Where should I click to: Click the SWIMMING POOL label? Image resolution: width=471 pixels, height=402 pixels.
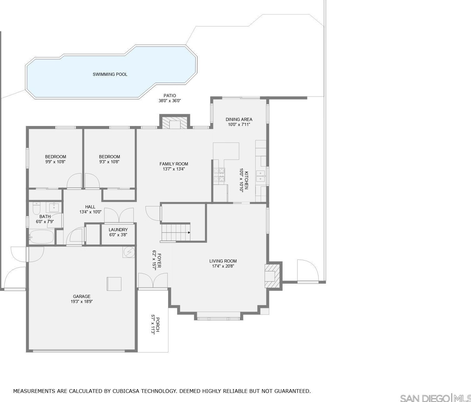(110, 74)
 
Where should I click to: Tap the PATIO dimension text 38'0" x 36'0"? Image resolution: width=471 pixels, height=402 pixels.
(170, 101)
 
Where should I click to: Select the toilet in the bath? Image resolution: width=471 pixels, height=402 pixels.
(36, 208)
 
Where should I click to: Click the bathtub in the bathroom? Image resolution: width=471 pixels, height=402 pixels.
(41, 237)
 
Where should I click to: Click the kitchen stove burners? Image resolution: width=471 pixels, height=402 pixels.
(219, 175)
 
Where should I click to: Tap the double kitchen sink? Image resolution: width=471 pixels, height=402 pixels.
(261, 176)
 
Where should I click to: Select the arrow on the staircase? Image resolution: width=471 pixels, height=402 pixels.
(189, 232)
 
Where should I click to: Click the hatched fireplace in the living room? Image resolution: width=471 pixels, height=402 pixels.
(272, 276)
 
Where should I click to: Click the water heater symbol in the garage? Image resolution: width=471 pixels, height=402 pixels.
(129, 252)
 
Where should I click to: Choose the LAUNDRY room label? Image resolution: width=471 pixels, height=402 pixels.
(118, 230)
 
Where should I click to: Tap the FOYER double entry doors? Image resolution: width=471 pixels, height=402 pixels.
(153, 280)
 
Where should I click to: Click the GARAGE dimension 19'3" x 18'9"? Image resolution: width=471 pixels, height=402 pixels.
(82, 301)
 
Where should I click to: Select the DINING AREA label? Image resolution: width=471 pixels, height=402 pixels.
(239, 119)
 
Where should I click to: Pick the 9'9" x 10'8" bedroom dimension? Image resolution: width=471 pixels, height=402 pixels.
(56, 162)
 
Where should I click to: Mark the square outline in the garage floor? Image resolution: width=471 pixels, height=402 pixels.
(114, 284)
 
